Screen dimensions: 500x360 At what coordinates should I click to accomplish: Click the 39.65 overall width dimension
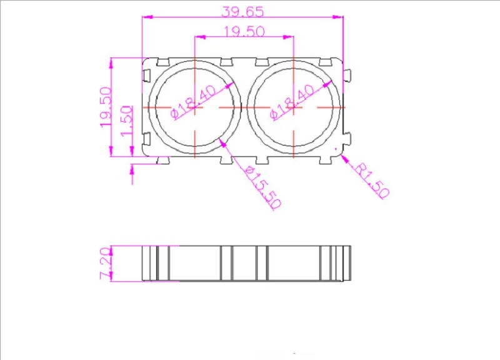242,12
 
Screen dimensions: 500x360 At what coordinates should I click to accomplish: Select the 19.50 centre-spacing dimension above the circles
244,32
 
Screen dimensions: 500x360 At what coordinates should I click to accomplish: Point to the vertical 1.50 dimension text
127,120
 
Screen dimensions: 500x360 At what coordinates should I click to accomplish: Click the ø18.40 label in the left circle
194,102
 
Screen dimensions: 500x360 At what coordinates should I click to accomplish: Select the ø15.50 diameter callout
263,187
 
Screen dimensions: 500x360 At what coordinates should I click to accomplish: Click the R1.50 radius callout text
372,181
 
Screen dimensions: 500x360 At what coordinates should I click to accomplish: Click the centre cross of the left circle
195,107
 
